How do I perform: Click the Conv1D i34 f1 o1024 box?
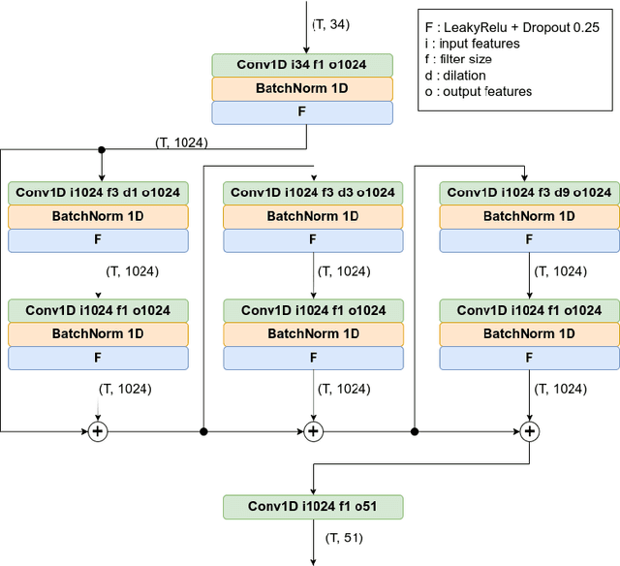[302, 65]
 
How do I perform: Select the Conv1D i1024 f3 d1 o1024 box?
[97, 193]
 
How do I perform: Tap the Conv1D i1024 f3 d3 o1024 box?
[313, 193]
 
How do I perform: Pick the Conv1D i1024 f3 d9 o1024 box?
[529, 193]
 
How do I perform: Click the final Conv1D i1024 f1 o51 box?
[313, 507]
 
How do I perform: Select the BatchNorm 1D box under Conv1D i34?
[302, 89]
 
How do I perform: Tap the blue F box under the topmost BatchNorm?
[302, 112]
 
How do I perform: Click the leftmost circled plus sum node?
[97, 431]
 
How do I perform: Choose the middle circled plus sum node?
[313, 431]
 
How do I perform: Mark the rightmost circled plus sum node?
[529, 431]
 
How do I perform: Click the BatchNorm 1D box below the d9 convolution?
[529, 216]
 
